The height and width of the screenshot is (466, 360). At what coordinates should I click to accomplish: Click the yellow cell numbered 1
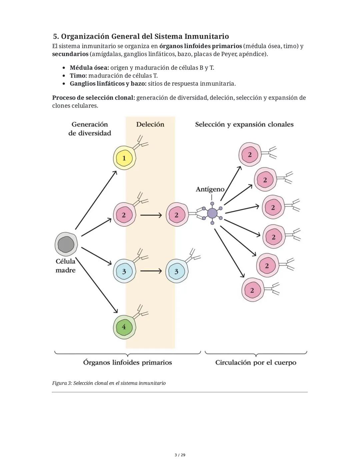point(124,158)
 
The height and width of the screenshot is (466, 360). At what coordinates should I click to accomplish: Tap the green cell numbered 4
point(124,327)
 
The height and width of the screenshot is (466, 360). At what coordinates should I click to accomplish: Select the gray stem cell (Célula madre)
point(66,245)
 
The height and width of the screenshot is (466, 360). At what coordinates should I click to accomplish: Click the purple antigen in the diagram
point(212,213)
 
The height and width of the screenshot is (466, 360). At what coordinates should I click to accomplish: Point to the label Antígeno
point(210,189)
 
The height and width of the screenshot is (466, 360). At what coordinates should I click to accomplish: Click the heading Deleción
point(150,124)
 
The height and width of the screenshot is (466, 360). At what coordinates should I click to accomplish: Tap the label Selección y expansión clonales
point(244,124)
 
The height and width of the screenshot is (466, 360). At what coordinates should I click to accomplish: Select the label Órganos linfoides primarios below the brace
point(127,363)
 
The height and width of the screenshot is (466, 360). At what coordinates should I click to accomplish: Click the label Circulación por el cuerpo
point(256,363)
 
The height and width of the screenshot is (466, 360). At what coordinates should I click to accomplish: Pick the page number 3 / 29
point(180,455)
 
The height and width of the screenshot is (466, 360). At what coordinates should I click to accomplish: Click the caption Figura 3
point(109,383)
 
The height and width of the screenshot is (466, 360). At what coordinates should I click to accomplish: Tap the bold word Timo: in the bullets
point(78,76)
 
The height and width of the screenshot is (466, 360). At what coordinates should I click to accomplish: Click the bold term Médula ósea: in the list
point(89,68)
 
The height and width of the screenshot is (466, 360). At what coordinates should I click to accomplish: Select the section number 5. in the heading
point(56,36)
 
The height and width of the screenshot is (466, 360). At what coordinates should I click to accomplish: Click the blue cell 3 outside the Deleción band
point(176,271)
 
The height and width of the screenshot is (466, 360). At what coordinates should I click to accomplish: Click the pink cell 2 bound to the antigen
point(176,215)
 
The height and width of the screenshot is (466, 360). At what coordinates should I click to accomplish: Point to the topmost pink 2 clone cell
point(249,154)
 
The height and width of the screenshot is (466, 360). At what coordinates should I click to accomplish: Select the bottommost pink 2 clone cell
point(252,290)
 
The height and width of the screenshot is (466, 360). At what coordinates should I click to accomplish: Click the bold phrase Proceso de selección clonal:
point(93,98)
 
